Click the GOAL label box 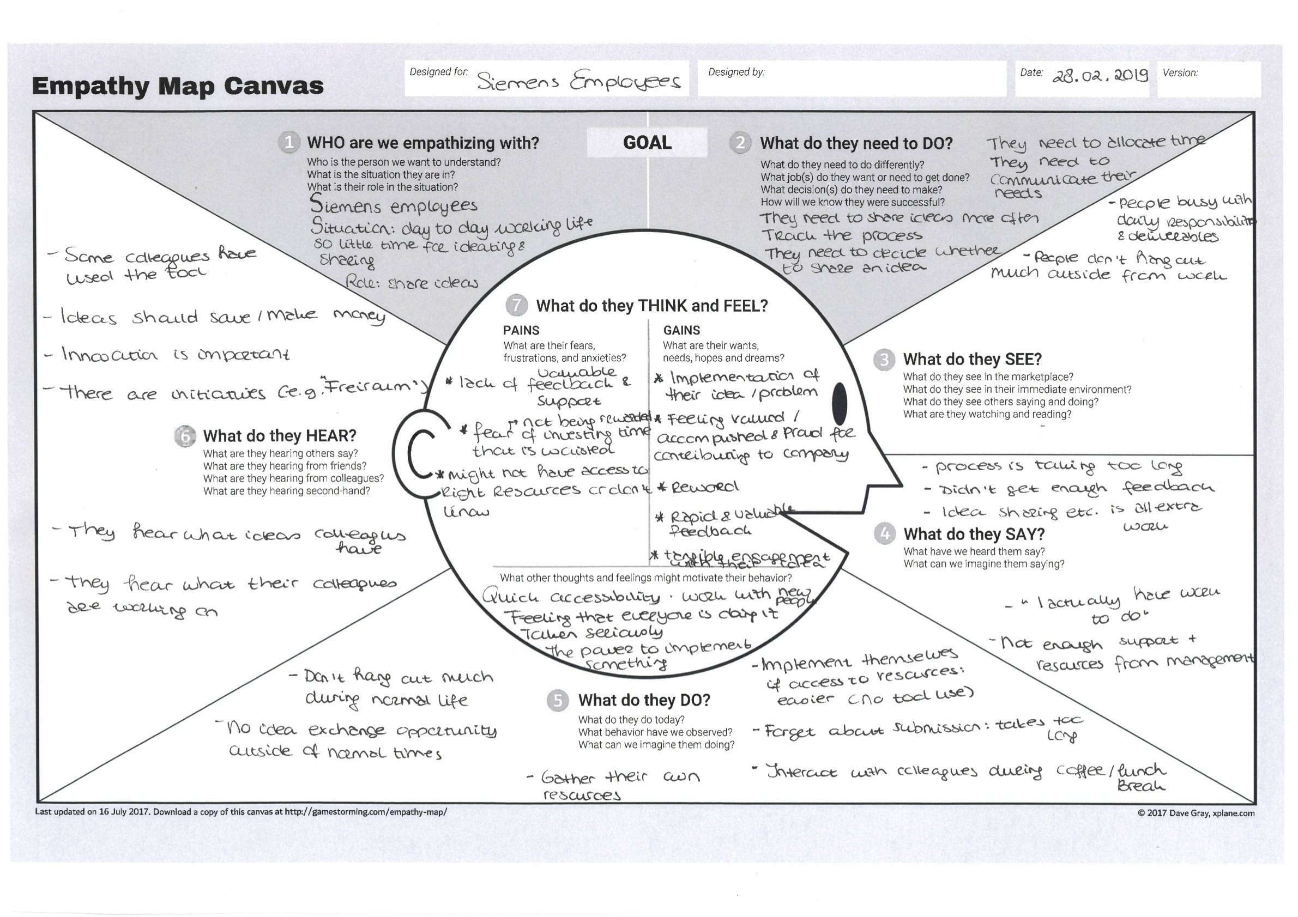click(x=647, y=142)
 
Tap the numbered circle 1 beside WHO click(x=289, y=142)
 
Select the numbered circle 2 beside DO click(x=740, y=143)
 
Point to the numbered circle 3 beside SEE click(x=884, y=360)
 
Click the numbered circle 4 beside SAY click(x=885, y=533)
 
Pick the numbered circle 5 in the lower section click(x=558, y=701)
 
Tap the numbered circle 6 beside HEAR click(x=185, y=436)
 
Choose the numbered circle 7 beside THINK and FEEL click(x=516, y=306)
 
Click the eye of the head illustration click(x=840, y=403)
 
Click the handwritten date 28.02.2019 click(x=1100, y=75)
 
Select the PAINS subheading click(x=521, y=331)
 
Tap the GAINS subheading click(x=681, y=331)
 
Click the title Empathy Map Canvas click(x=178, y=86)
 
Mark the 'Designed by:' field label click(x=736, y=72)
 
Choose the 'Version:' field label click(x=1180, y=73)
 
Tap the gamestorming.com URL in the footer click(x=366, y=812)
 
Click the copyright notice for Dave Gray click(x=1196, y=813)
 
